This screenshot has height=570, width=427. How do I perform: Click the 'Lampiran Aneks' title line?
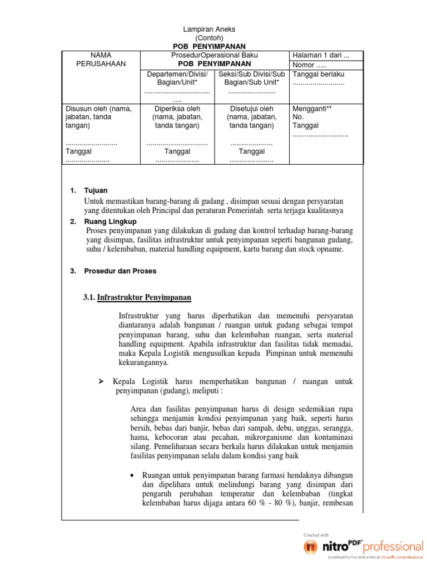[x=209, y=30]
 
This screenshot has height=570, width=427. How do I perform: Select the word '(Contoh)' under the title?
[x=209, y=38]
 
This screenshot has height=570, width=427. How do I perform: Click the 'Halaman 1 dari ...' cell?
[x=321, y=55]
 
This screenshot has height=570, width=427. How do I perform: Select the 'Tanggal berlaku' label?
[x=318, y=74]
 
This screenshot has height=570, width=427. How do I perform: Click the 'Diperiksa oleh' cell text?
[x=177, y=109]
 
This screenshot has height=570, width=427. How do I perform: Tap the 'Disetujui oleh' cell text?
[x=251, y=109]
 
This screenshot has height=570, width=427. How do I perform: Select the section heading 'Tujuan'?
[x=96, y=190]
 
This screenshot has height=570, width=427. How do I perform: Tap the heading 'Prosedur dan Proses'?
[x=120, y=271]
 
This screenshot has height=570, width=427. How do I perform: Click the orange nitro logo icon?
[x=311, y=547]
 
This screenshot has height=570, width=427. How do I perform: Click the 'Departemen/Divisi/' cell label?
[x=177, y=74]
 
